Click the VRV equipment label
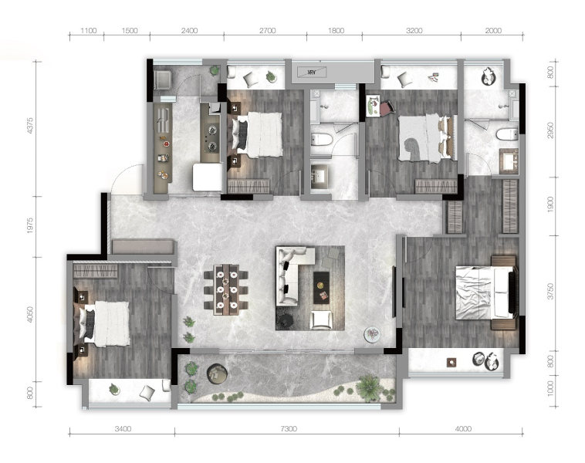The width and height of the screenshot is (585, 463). point(312,73)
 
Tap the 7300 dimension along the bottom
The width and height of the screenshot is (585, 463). point(289,429)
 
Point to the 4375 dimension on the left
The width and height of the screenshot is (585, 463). point(30,126)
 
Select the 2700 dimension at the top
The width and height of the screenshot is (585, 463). point(268,31)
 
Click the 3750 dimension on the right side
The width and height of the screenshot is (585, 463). point(550,292)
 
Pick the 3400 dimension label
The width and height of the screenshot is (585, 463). point(123,429)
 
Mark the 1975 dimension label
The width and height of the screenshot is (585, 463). point(30,226)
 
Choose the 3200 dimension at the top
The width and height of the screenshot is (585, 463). point(414,31)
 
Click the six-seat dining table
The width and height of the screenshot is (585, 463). point(226,290)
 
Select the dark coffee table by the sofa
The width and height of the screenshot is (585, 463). point(321,288)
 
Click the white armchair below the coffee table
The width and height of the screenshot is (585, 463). point(321,320)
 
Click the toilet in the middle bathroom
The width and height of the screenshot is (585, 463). point(321,140)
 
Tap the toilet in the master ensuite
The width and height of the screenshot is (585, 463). point(507,134)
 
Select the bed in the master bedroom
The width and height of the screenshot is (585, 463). point(485,292)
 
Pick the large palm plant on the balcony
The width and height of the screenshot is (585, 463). point(370,388)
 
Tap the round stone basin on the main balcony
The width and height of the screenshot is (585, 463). point(217,373)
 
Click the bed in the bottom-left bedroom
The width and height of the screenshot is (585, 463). point(103,323)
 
